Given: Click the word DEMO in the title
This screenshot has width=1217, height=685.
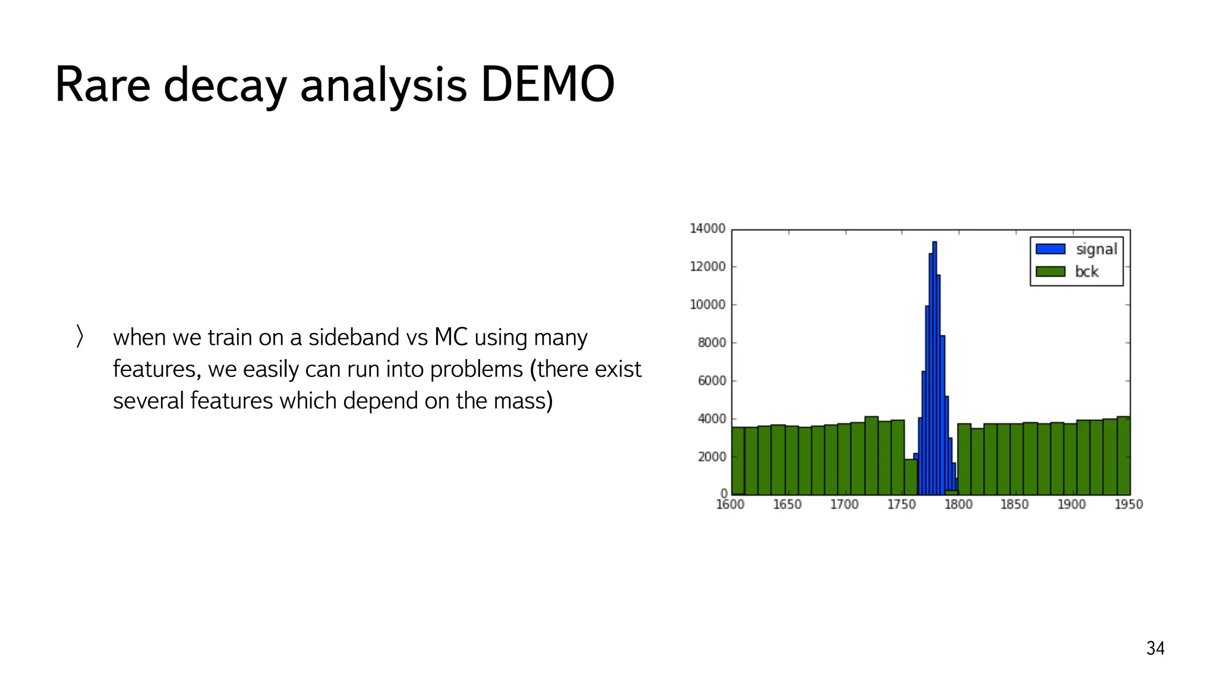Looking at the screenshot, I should pos(547,85).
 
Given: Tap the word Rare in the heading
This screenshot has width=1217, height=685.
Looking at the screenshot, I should pos(102,85).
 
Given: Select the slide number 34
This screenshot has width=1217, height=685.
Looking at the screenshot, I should pos(1155,648).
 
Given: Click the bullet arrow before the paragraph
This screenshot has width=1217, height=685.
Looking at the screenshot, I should pos(80,336).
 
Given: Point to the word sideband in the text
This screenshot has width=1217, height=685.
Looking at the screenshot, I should pos(354,337).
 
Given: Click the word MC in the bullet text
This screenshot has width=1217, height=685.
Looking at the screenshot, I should pos(451,337).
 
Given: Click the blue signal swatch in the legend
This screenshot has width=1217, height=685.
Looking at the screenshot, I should pos(1050,249).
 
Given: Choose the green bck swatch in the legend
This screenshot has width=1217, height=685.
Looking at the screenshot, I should pos(1050,272).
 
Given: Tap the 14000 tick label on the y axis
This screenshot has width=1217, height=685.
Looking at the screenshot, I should pos(707,229).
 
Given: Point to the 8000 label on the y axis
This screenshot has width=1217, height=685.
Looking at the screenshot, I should pos(711,342).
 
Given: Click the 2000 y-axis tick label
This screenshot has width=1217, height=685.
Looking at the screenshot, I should pos(711,457).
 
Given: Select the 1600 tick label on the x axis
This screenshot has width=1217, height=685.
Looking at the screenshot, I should pos(730,505).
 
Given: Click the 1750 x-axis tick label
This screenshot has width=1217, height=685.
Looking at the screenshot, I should pos(901,505).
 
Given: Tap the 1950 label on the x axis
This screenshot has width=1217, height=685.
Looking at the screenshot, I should pos(1128,505).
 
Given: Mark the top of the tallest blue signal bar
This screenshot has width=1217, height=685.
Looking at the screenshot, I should pos(935,243).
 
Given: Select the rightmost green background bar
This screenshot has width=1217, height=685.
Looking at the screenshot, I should pos(1123,455).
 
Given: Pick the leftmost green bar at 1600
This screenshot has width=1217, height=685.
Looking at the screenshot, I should pos(738,461).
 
